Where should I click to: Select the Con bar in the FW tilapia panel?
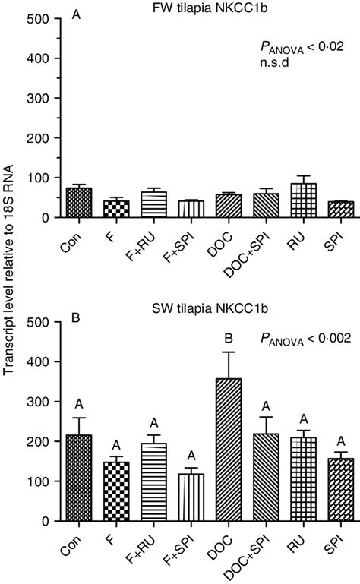[78, 203]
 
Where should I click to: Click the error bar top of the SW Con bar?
[78, 418]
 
